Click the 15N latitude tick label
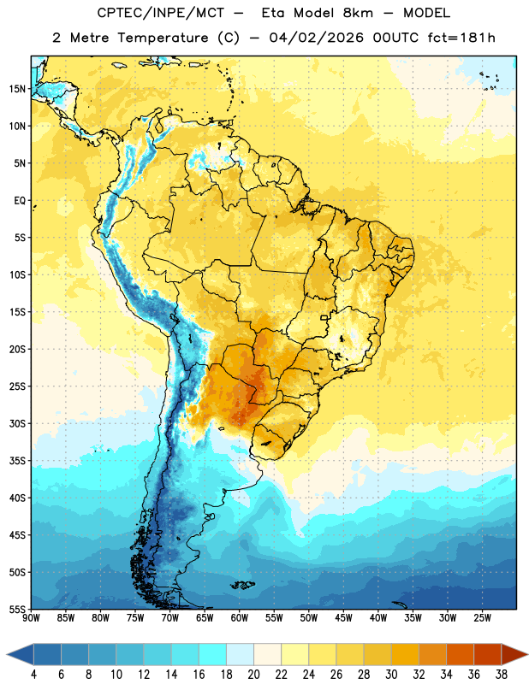click(x=17, y=89)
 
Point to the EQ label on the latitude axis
click(x=20, y=201)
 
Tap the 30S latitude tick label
click(x=17, y=423)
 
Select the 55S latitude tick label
click(x=17, y=609)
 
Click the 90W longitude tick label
click(x=31, y=618)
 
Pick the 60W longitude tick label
click(x=240, y=618)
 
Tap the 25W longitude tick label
click(x=482, y=618)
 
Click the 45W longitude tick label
click(x=343, y=618)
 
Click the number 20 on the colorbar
click(x=253, y=675)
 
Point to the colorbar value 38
click(x=501, y=675)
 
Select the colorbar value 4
click(x=33, y=675)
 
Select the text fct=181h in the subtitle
click(x=461, y=38)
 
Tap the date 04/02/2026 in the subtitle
click(x=316, y=38)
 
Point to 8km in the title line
click(x=358, y=13)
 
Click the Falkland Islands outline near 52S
click(x=242, y=585)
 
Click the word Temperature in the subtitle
click(x=163, y=38)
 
